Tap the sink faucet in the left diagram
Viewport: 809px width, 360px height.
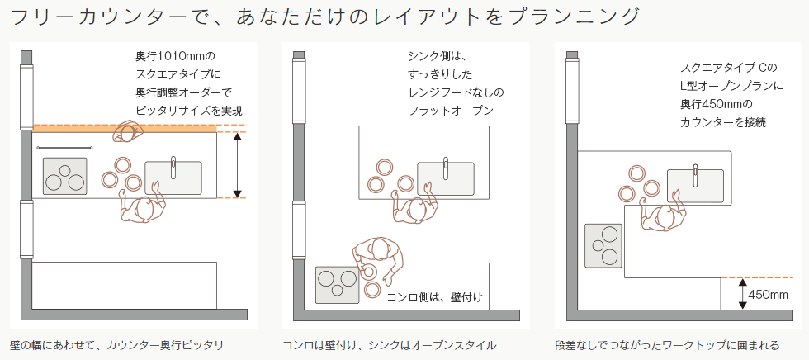(x=173, y=167)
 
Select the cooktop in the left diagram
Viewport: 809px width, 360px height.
(x=64, y=176)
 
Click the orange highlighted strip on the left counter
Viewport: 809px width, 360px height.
(x=124, y=129)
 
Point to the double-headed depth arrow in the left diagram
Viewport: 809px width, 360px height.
(x=238, y=165)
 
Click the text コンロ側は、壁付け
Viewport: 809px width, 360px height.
(x=434, y=297)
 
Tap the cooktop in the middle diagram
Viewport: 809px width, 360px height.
(x=337, y=285)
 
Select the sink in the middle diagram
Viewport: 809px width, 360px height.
(x=445, y=178)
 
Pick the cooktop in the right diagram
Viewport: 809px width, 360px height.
(x=603, y=245)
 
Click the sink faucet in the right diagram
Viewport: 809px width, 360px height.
(x=695, y=175)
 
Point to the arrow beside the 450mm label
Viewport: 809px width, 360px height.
(x=742, y=293)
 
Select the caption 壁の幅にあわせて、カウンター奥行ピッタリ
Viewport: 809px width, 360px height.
(x=116, y=345)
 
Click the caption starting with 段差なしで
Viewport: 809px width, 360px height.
(x=667, y=345)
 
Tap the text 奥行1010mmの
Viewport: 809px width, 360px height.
(x=173, y=55)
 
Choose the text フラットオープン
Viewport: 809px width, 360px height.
(x=451, y=111)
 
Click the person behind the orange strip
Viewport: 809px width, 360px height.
(x=126, y=132)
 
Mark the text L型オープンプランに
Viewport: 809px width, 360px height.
(x=731, y=86)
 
